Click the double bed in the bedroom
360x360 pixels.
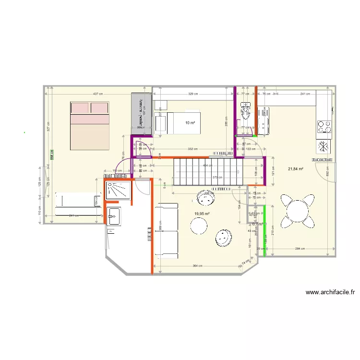point(90,125)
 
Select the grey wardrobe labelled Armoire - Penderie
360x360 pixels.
point(142,113)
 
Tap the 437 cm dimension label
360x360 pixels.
point(98,94)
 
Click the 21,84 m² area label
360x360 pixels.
point(297,169)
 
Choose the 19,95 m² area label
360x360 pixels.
point(202,214)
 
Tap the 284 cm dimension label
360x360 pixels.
point(300,249)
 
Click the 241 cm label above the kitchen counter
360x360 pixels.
point(304,94)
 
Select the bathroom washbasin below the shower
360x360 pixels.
point(114,216)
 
